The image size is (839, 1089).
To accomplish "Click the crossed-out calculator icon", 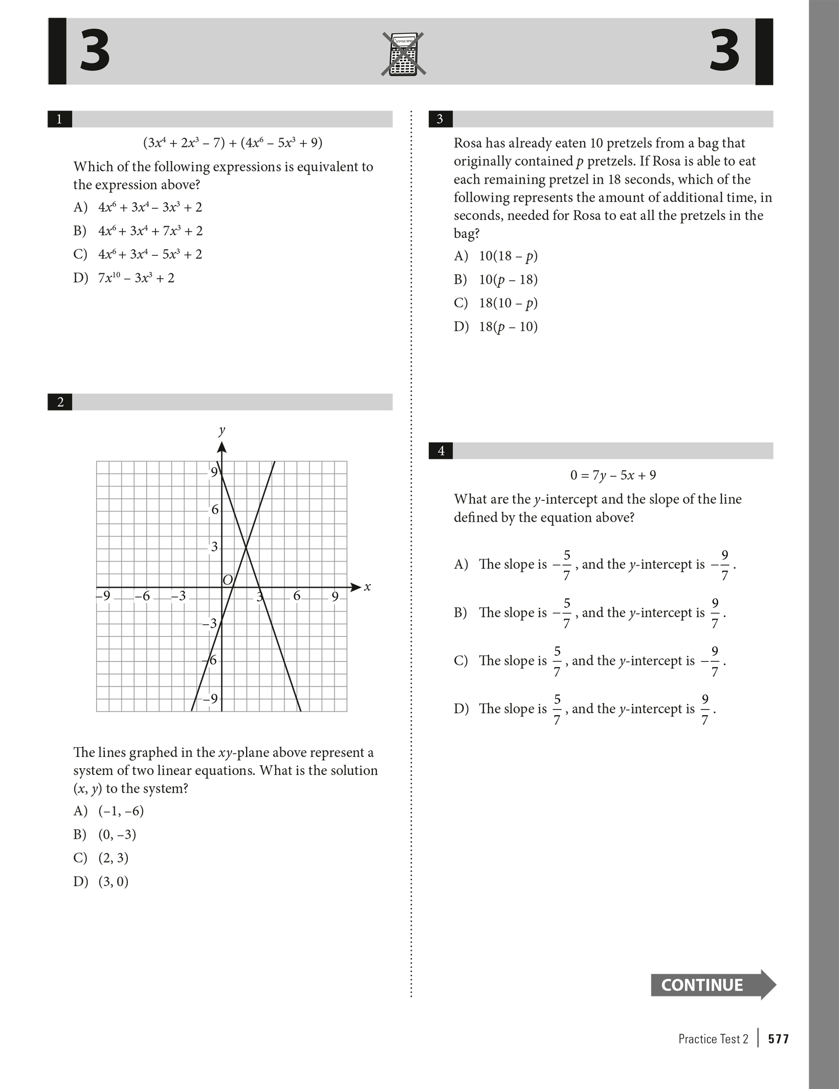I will (403, 54).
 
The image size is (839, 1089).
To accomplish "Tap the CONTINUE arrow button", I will (712, 985).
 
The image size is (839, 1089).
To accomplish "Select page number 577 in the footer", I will (778, 1039).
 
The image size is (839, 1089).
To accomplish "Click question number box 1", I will (59, 119).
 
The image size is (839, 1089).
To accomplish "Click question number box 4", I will (440, 451).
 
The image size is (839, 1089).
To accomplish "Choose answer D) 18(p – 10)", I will (496, 326).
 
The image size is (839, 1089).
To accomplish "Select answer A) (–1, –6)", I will (108, 811).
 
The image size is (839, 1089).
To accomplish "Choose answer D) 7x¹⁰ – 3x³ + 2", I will (124, 278).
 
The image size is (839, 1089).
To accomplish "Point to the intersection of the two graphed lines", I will (247, 548).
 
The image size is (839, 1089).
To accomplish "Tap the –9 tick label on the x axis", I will (103, 596).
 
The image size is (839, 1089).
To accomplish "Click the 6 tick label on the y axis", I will (215, 509).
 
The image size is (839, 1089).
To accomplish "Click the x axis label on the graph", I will (367, 587).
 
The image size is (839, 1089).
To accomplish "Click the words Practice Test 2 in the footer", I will (713, 1039).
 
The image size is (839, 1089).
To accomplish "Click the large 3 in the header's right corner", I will (724, 51).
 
